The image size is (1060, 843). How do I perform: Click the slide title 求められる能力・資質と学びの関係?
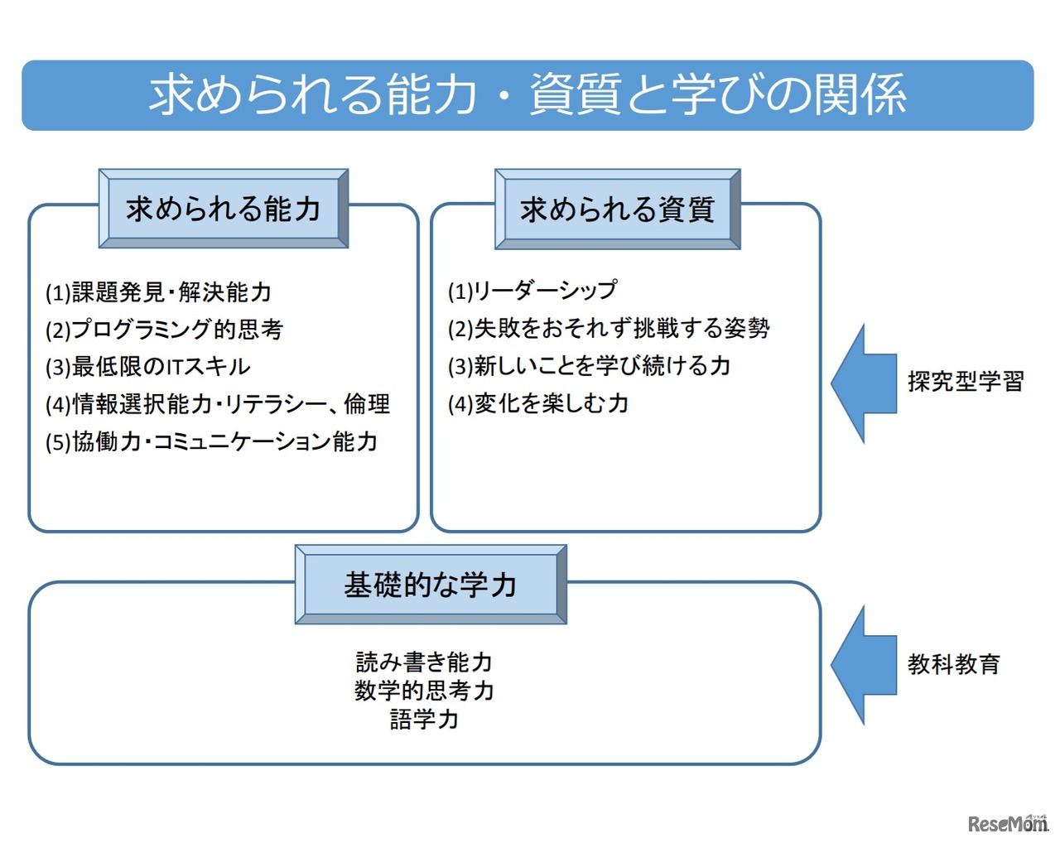click(528, 94)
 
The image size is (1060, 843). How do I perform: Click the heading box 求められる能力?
click(224, 209)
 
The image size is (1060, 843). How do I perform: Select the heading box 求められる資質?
click(617, 209)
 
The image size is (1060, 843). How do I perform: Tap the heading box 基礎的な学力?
click(431, 585)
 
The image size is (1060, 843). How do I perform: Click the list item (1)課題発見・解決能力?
click(158, 292)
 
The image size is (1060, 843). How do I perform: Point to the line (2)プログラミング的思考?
click(164, 330)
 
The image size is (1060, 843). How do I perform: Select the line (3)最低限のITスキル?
click(147, 367)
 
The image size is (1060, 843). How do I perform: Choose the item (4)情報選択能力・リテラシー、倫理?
click(217, 404)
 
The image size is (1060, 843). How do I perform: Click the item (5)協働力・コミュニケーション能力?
click(211, 441)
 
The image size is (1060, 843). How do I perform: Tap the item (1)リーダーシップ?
click(532, 291)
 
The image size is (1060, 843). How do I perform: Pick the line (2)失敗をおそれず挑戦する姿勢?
click(609, 328)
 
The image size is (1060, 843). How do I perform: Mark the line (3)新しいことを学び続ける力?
click(589, 365)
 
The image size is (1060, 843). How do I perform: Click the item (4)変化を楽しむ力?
click(538, 403)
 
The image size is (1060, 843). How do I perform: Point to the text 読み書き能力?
click(424, 662)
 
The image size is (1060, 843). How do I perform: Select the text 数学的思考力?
click(424, 690)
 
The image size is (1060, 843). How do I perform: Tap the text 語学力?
click(424, 718)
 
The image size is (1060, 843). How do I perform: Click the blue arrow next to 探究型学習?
click(864, 383)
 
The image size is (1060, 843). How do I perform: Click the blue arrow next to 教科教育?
click(864, 665)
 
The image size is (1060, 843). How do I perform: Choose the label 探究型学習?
click(966, 382)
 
